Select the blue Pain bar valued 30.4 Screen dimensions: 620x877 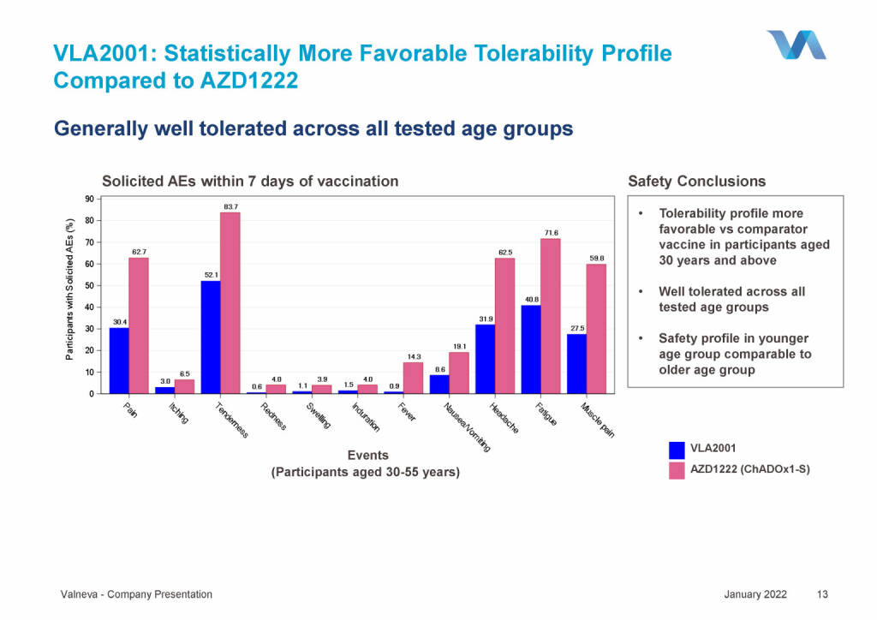click(119, 361)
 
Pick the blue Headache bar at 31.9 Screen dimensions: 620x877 click(485, 359)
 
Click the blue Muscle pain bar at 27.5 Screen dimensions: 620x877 click(576, 364)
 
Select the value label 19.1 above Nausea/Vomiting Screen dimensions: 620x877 click(459, 346)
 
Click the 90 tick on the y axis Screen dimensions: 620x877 click(89, 199)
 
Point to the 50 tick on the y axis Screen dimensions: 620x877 click(89, 285)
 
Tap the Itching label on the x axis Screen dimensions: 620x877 click(178, 416)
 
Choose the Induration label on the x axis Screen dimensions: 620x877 click(366, 418)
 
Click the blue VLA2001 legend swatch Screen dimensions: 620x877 click(677, 449)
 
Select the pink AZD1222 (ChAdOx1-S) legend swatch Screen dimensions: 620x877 click(677, 470)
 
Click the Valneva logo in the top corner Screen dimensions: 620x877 click(796, 45)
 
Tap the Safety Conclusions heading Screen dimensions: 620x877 click(696, 182)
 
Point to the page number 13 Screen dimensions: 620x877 click(823, 594)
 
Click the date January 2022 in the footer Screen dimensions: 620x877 click(755, 594)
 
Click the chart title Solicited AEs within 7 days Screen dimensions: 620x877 click(250, 182)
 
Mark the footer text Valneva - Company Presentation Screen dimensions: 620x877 click(136, 594)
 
